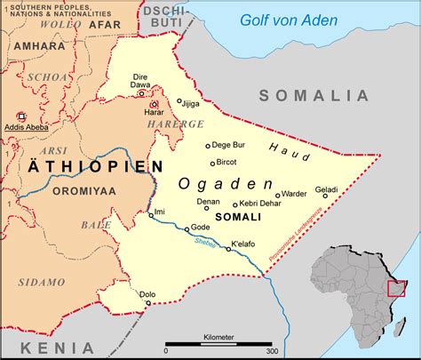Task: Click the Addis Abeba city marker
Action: [x=21, y=116]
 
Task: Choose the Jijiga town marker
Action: [x=179, y=101]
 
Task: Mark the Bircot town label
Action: [x=227, y=163]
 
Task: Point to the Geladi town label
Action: [x=326, y=188]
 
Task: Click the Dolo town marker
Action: [x=147, y=303]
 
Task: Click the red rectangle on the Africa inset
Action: [x=396, y=287]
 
